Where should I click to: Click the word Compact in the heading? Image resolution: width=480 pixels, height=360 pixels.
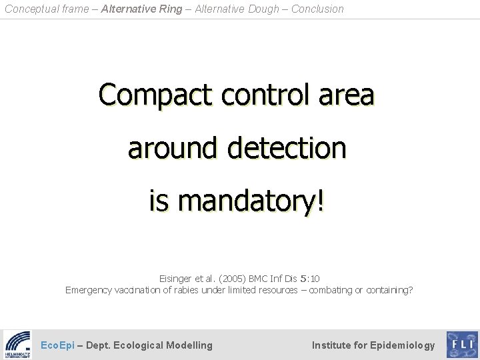pyautogui.click(x=145, y=96)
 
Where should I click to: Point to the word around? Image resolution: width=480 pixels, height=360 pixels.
pyautogui.click(x=171, y=148)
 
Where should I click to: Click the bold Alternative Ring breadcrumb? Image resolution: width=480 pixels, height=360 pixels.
pyautogui.click(x=139, y=9)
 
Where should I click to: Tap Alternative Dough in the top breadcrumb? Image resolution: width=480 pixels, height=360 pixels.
pyautogui.click(x=237, y=9)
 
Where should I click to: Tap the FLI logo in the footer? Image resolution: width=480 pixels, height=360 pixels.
pyautogui.click(x=461, y=345)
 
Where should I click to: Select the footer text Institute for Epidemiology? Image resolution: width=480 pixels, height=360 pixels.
pyautogui.click(x=373, y=345)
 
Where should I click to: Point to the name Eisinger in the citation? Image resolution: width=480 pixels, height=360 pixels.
pyautogui.click(x=176, y=278)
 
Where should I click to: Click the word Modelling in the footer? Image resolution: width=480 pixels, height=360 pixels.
pyautogui.click(x=189, y=345)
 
